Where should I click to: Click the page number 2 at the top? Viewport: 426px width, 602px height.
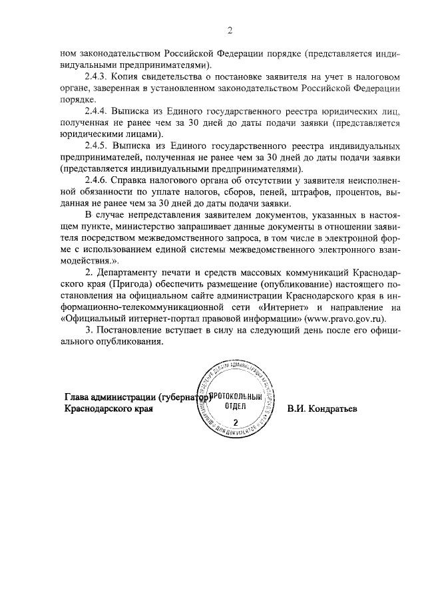click(229, 30)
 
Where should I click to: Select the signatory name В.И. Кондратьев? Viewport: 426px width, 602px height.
click(322, 408)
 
